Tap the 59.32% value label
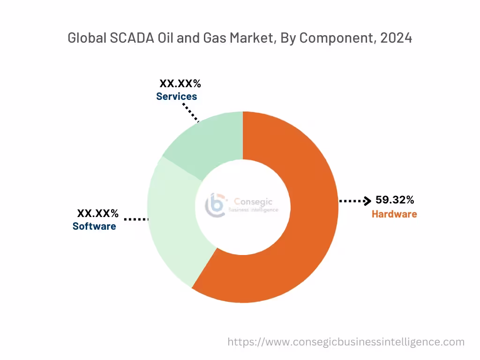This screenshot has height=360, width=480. click(395, 200)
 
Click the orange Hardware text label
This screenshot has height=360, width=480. click(394, 214)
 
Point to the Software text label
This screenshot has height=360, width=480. click(94, 226)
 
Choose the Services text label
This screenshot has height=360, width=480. click(177, 97)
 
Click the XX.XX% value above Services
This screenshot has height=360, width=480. click(180, 84)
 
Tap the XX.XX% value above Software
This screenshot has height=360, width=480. click(97, 214)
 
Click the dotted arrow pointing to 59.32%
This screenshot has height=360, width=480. click(355, 201)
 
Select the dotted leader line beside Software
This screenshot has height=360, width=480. click(136, 219)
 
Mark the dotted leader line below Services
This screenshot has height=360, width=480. click(191, 112)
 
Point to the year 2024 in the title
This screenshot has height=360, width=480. click(396, 38)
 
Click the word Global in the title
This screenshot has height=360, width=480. click(86, 38)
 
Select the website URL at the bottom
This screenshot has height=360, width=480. click(346, 342)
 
